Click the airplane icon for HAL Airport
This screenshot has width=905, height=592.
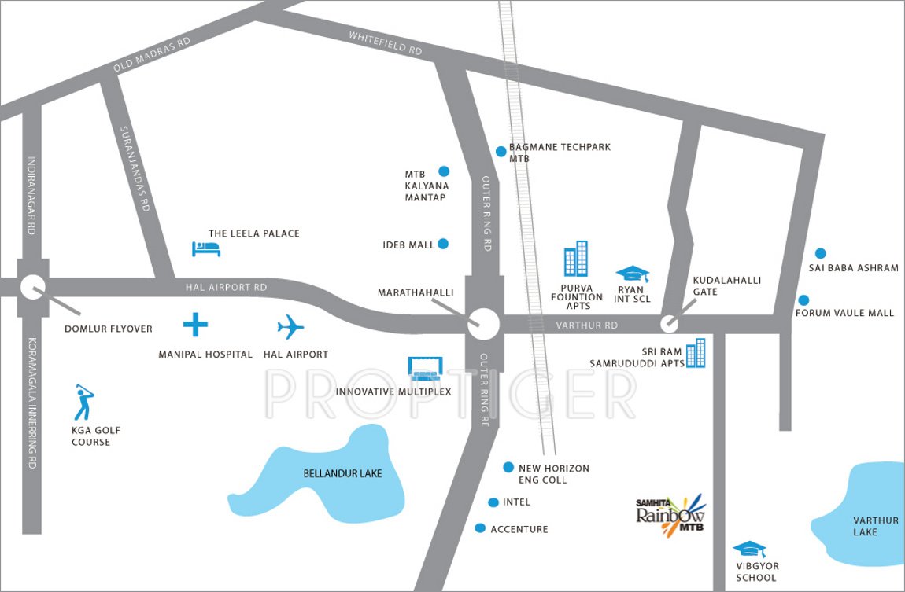click(290, 326)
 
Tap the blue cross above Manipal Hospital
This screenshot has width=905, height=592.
click(195, 324)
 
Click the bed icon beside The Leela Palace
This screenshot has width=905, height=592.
click(206, 248)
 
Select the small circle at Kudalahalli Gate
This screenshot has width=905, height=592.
click(669, 322)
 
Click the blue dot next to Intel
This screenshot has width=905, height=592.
click(493, 502)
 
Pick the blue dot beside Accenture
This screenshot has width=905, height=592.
click(480, 528)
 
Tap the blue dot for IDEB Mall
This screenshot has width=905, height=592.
click(443, 244)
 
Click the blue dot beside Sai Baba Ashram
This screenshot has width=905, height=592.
click(820, 253)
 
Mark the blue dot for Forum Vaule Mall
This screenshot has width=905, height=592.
click(803, 300)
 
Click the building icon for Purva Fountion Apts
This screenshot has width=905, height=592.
click(576, 259)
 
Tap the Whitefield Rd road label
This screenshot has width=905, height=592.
click(386, 43)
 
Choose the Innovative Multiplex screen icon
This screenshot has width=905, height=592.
click(426, 367)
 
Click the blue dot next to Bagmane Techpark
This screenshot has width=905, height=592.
click(501, 152)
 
